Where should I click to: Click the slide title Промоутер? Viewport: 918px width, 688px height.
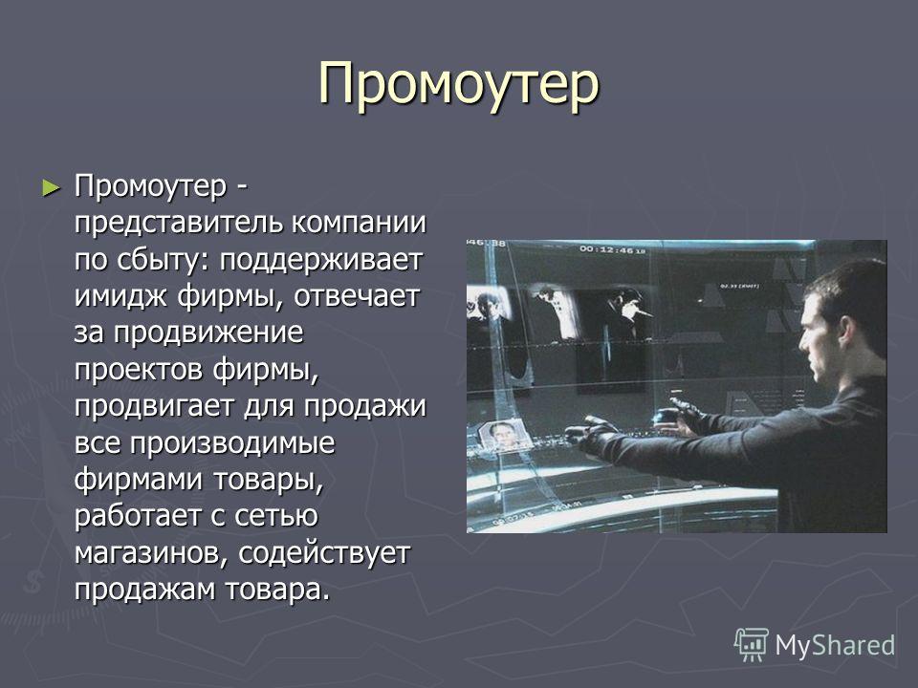[459, 87]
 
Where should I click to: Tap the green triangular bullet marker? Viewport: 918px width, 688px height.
[52, 188]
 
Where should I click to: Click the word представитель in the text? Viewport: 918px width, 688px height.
[179, 223]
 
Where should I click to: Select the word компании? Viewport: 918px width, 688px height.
[359, 224]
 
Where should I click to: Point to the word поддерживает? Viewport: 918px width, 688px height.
[321, 260]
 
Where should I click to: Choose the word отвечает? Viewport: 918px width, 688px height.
[357, 296]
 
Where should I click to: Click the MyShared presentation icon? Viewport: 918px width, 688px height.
[752, 645]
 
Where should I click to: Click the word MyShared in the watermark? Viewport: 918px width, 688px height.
[835, 645]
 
